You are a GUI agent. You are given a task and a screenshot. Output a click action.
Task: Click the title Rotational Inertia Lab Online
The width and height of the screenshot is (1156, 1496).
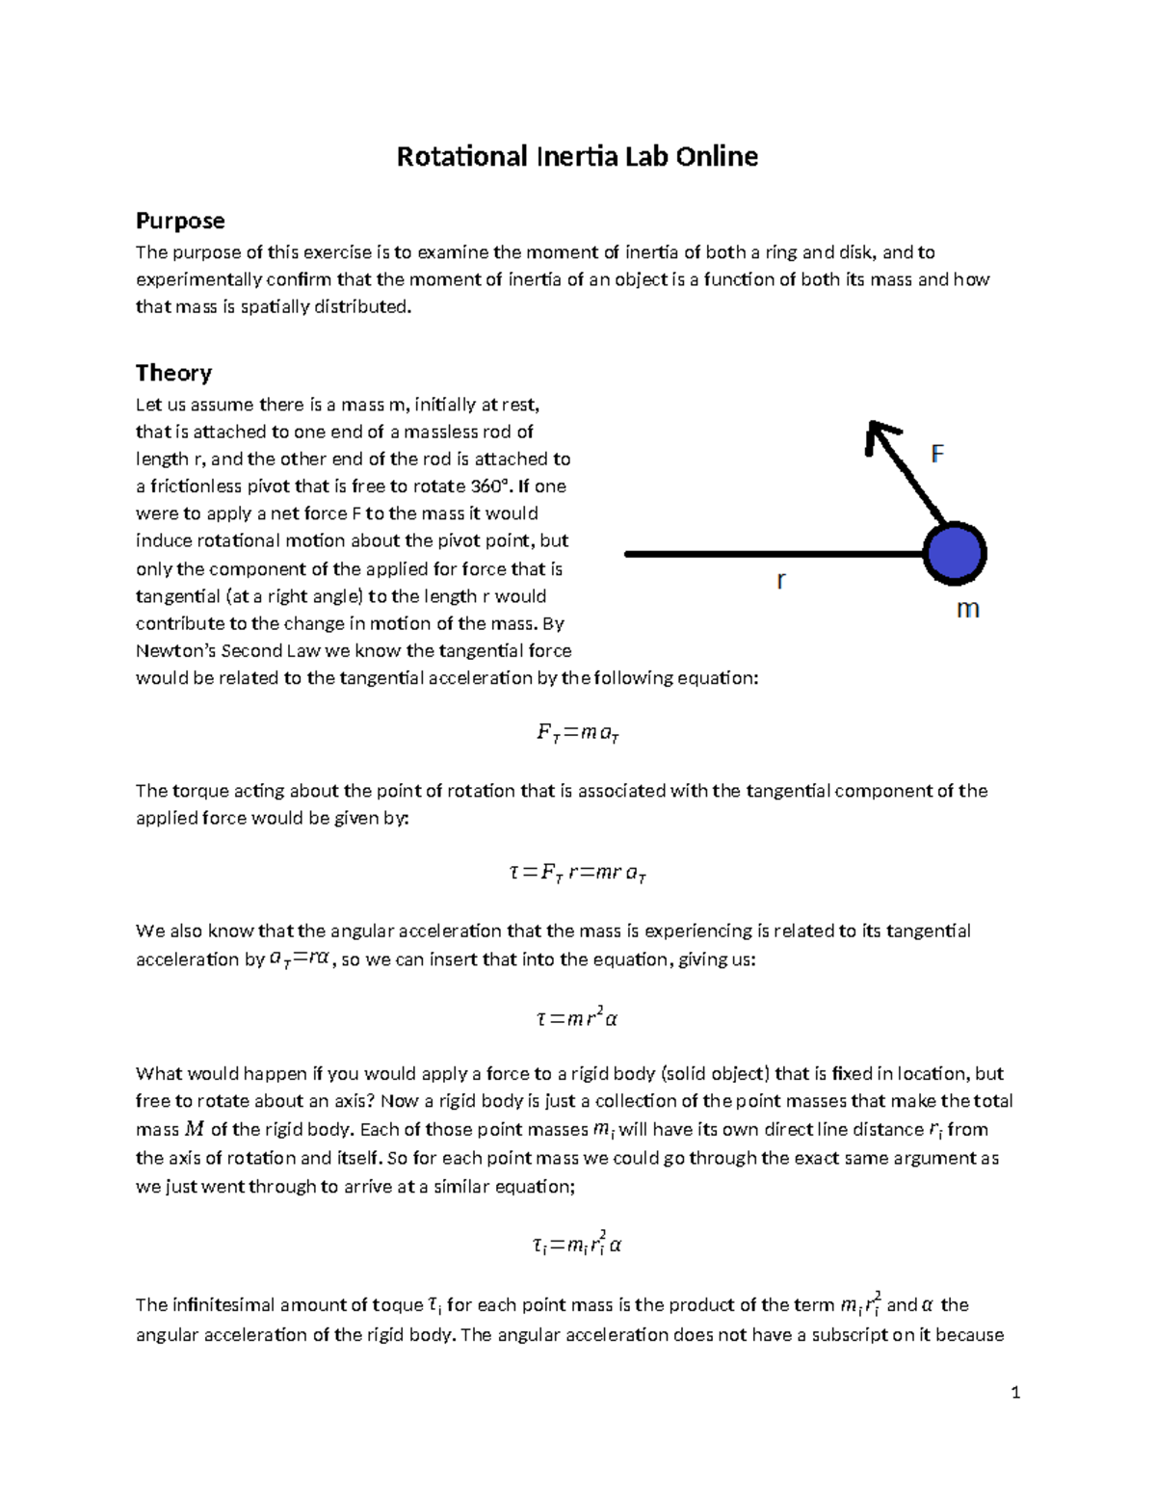tap(577, 157)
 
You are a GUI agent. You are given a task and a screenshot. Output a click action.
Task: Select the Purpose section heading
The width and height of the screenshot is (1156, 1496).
tap(180, 221)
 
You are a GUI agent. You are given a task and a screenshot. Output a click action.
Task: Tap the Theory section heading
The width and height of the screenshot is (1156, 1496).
tap(173, 373)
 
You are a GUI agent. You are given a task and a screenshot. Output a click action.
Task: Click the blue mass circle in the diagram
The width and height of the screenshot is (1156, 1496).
tap(954, 554)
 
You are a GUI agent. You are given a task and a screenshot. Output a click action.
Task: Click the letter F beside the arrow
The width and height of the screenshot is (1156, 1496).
tap(936, 454)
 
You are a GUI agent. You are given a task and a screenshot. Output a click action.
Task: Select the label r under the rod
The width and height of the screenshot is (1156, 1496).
tap(781, 580)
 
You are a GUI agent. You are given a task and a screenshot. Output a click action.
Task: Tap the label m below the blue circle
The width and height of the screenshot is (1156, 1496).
tap(967, 609)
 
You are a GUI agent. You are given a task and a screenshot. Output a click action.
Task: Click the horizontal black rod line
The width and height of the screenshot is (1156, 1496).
tap(771, 554)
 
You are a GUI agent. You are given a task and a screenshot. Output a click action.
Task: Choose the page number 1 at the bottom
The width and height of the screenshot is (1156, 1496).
tap(1015, 1392)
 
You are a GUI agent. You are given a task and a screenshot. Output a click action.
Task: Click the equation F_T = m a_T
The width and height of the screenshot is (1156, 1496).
tap(577, 734)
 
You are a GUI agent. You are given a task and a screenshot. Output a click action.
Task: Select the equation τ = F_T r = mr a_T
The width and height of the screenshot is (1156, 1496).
tap(577, 874)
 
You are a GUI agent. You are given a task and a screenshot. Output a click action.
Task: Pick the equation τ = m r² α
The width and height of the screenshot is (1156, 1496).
tap(577, 1017)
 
